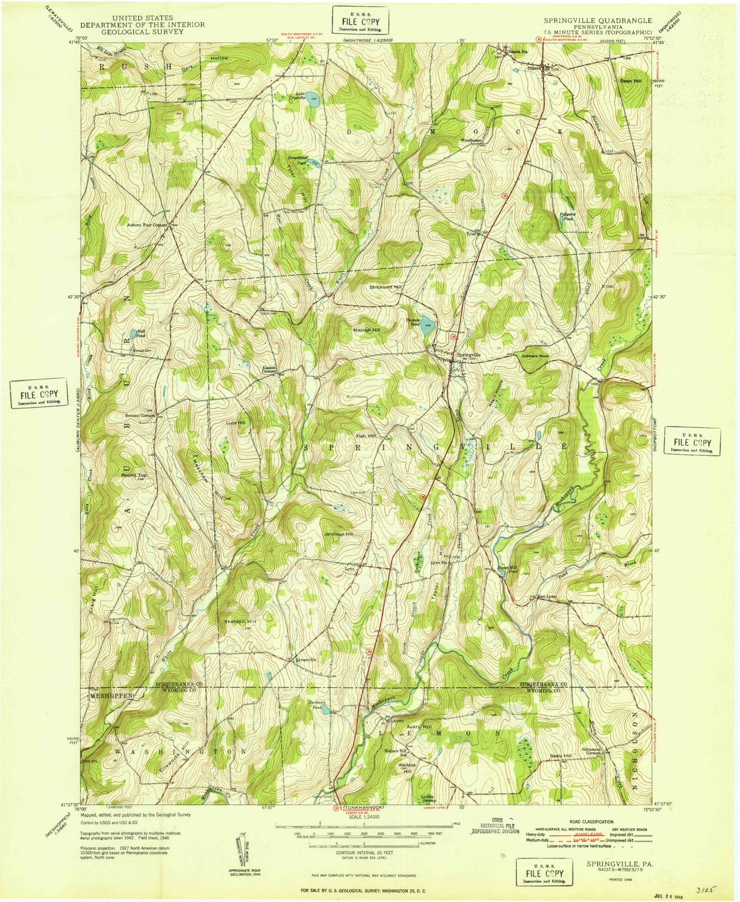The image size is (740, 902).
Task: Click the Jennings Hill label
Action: click(339, 534)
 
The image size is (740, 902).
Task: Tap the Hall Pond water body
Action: click(133, 334)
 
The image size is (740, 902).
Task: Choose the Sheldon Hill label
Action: click(239, 621)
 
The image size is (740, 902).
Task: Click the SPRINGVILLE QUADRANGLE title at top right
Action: click(598, 21)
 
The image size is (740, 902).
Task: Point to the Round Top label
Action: click(134, 475)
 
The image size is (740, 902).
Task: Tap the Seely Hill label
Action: click(560, 756)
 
